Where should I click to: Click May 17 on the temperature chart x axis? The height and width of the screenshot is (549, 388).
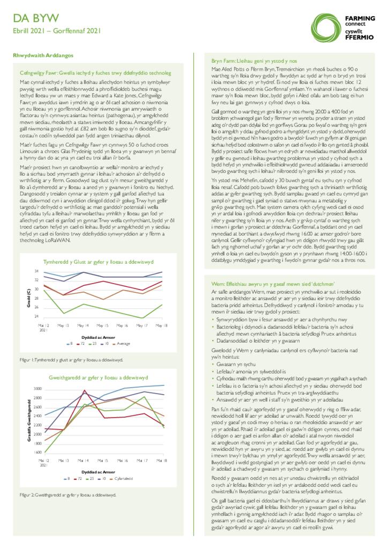coord(143,325)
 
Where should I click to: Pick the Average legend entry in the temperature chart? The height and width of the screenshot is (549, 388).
coord(123,343)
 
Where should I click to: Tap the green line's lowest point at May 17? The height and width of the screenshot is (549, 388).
coord(143,318)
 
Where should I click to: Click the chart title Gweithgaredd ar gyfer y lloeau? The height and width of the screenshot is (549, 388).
coord(98,377)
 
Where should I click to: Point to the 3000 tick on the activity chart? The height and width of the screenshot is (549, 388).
coord(38,388)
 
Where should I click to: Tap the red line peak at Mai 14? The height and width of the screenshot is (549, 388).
coord(85,391)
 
